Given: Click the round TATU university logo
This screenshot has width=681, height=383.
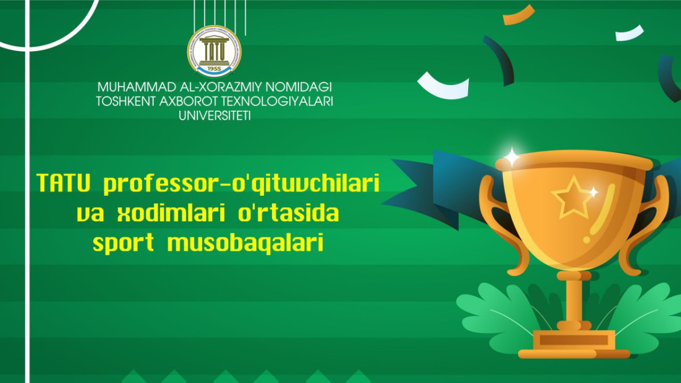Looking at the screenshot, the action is pyautogui.click(x=214, y=51).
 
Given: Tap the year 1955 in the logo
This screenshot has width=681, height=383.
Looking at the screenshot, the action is pyautogui.click(x=215, y=69).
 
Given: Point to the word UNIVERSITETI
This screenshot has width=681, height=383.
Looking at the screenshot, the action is pyautogui.click(x=215, y=116).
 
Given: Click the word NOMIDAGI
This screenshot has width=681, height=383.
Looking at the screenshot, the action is pyautogui.click(x=299, y=87).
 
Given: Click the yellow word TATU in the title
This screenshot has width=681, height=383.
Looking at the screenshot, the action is pyautogui.click(x=64, y=183).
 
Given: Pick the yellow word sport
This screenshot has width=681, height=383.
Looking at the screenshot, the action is pyautogui.click(x=124, y=243).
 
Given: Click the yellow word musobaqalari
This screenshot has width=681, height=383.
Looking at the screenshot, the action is pyautogui.click(x=245, y=243).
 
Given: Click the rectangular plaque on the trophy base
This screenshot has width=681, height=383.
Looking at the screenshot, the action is pyautogui.click(x=573, y=340).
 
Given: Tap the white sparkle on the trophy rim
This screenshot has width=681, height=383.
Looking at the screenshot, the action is pyautogui.click(x=512, y=157).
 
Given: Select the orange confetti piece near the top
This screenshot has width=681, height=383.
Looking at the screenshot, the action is pyautogui.click(x=519, y=15).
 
